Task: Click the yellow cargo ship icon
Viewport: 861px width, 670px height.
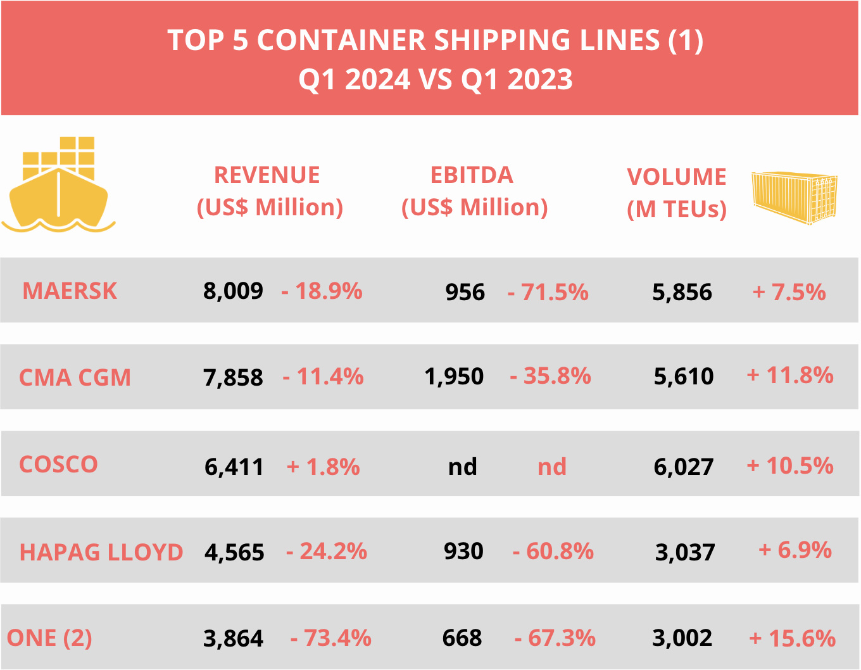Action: pyautogui.click(x=58, y=184)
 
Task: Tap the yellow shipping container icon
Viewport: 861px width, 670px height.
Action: pyautogui.click(x=795, y=198)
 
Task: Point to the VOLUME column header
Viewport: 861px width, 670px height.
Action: pyautogui.click(x=676, y=193)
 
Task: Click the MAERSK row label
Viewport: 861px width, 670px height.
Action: pyautogui.click(x=70, y=291)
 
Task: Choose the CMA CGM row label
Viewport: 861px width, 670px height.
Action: pyautogui.click(x=75, y=378)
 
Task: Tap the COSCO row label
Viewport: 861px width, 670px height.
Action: pyautogui.click(x=58, y=465)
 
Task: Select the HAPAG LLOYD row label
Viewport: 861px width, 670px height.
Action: pyautogui.click(x=101, y=552)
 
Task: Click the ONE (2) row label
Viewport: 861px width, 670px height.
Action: pyautogui.click(x=49, y=638)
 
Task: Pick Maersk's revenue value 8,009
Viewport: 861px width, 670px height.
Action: pyautogui.click(x=233, y=291)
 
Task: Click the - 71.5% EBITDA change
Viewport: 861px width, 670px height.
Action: pyautogui.click(x=548, y=293)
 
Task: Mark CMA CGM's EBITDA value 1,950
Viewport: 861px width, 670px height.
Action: pyautogui.click(x=454, y=377)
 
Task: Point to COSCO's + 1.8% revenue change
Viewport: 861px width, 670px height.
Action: pyautogui.click(x=323, y=467)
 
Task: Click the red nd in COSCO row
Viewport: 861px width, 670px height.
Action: pyautogui.click(x=552, y=467)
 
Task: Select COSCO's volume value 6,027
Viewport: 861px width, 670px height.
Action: pyautogui.click(x=683, y=467)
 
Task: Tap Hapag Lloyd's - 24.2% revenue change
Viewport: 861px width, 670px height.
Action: pyautogui.click(x=327, y=552)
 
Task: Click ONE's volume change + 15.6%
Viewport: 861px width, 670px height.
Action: pyautogui.click(x=792, y=638)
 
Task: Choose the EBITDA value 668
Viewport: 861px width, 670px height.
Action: pyautogui.click(x=462, y=638)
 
